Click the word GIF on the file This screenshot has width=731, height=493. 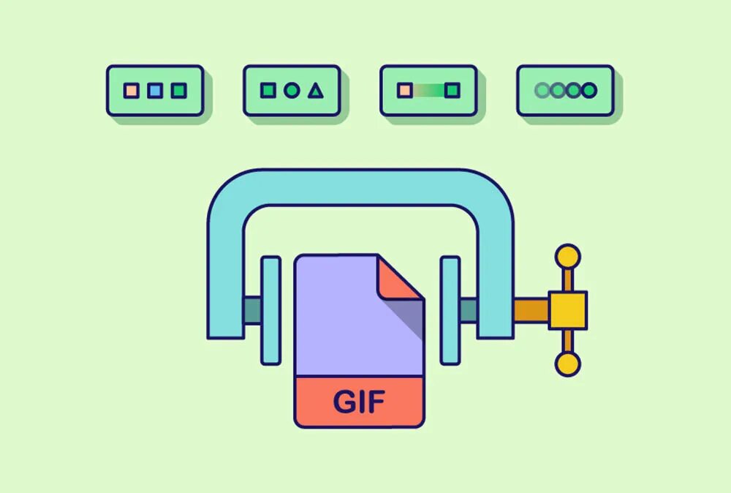(359, 402)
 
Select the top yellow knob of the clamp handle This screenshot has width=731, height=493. (567, 256)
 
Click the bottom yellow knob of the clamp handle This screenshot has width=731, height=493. (567, 364)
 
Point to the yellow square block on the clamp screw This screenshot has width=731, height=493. (568, 309)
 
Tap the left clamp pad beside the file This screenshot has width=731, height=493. (270, 310)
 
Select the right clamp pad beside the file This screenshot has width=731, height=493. (450, 310)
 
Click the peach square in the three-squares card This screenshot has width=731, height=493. (131, 91)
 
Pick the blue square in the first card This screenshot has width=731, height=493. (154, 91)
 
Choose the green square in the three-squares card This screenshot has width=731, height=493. (178, 91)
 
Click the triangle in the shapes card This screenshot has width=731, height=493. (315, 91)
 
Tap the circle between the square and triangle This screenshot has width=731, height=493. (292, 91)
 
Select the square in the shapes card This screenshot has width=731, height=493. (268, 91)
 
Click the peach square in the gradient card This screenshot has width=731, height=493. (404, 91)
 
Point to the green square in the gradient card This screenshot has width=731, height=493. (452, 91)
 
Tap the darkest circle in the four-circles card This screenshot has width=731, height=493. (588, 91)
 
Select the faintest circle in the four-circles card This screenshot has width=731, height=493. (542, 91)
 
